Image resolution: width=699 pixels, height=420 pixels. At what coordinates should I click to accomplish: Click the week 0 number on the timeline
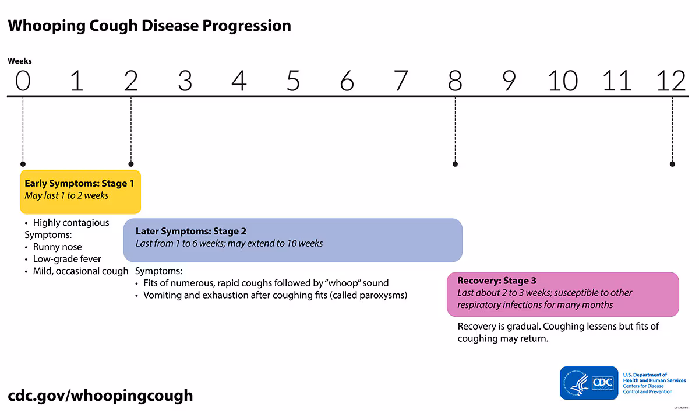coord(22,80)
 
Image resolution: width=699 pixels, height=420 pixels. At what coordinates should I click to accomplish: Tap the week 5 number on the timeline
coord(293,80)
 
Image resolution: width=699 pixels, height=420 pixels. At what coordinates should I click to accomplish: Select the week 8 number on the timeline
coord(455,80)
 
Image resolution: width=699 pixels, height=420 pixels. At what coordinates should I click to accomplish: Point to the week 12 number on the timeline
coord(672,80)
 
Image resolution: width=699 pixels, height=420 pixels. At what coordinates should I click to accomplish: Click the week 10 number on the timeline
coord(563,80)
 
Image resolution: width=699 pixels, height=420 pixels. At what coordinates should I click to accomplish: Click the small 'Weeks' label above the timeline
coord(20,61)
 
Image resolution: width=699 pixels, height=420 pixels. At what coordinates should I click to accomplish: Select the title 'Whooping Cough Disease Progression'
coord(149,26)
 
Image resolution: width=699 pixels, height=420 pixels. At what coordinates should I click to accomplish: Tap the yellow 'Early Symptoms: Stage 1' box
coord(80,191)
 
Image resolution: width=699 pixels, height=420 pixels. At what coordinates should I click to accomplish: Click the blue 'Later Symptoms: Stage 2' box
coord(292,240)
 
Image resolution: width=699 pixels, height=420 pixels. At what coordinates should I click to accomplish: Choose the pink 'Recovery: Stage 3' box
coord(562,294)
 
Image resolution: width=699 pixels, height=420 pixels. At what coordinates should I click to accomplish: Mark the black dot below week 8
coord(455,164)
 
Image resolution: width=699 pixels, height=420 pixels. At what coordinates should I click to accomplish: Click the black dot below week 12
coord(672,164)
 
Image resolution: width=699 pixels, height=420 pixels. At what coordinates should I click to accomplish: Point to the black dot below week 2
coord(131,164)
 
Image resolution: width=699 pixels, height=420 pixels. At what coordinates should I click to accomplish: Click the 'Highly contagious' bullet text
coord(70,223)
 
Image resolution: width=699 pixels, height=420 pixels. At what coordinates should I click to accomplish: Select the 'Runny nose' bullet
coord(57,247)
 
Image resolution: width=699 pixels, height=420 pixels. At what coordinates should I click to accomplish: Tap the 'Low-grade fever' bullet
coord(67,259)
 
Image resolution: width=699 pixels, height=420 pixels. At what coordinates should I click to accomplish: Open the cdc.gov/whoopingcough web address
coord(100,395)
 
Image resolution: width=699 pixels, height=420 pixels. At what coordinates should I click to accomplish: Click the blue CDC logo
coord(589,383)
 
